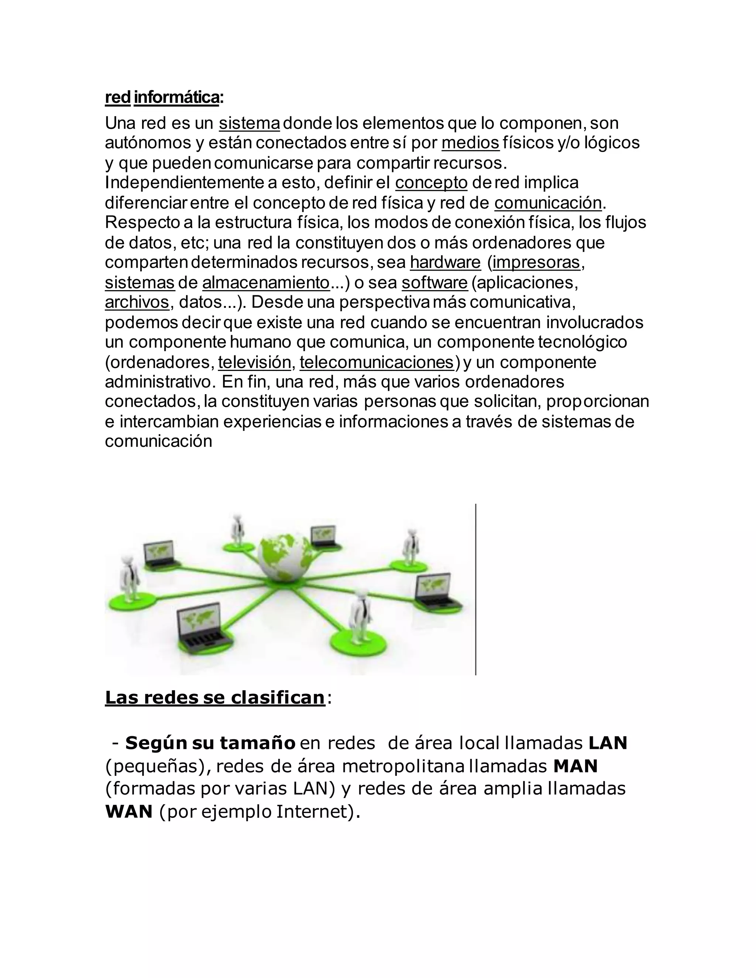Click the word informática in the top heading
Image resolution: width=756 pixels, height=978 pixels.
tap(176, 97)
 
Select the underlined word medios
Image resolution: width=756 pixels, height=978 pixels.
tap(470, 143)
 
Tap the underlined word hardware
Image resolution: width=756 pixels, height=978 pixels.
tap(445, 262)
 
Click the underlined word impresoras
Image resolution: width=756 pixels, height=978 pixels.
tap(536, 262)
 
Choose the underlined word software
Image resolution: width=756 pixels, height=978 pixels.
tap(434, 283)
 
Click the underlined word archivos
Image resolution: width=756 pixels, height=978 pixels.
tap(137, 302)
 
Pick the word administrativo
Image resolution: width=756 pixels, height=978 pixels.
tap(157, 382)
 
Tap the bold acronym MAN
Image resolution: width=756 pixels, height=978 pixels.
tap(575, 767)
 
